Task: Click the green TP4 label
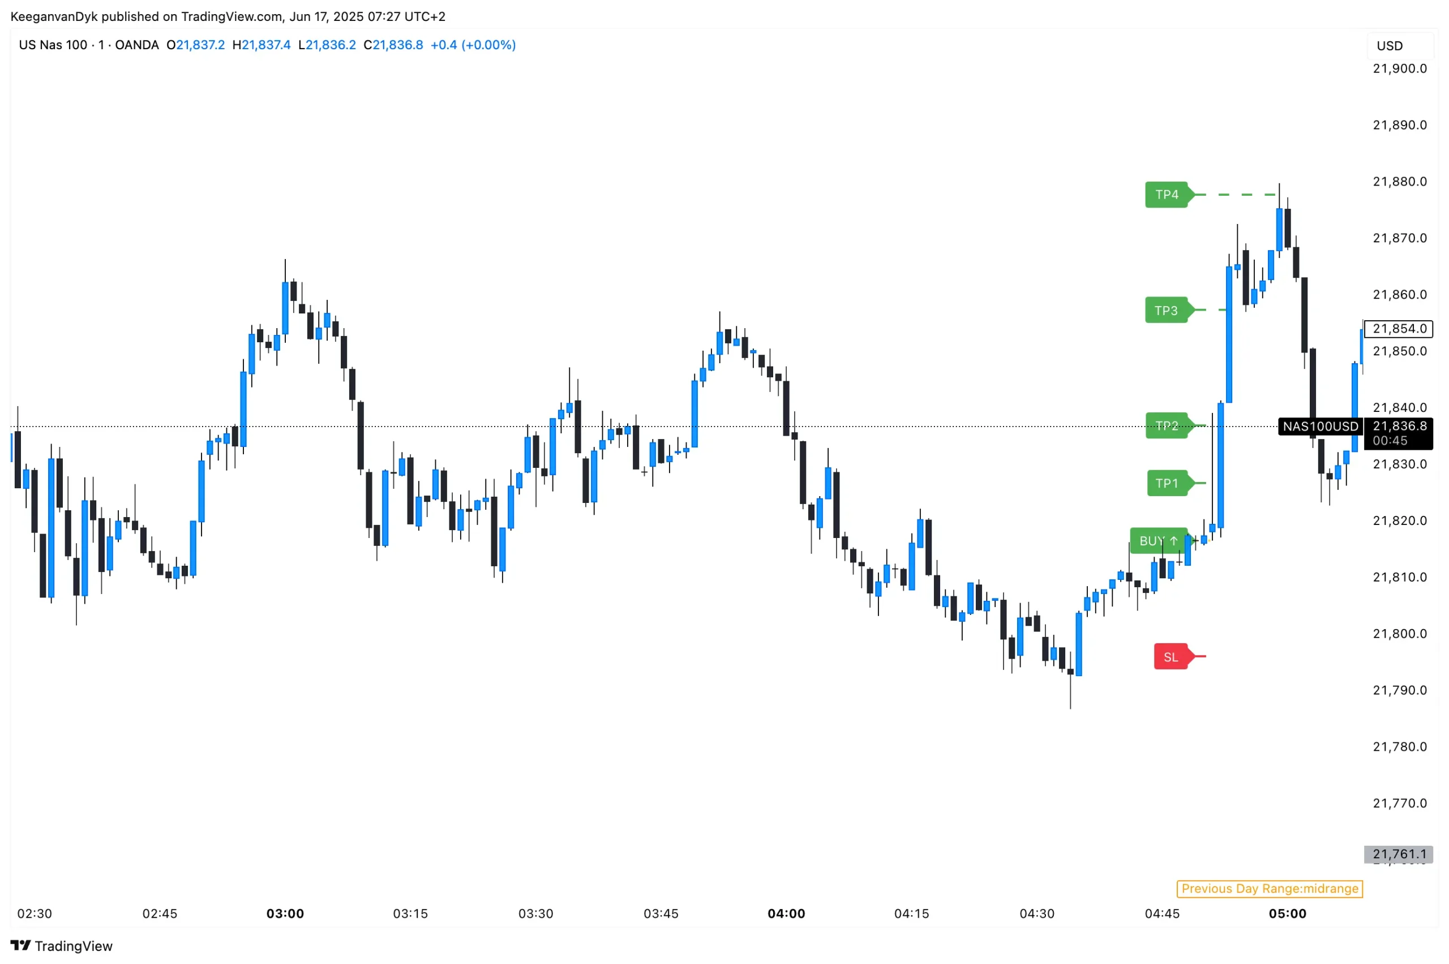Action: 1166,195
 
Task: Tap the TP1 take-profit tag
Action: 1167,483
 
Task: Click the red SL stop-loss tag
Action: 1171,657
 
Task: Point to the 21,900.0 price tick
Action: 1400,69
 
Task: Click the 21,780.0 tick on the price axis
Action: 1400,746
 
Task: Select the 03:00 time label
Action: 285,914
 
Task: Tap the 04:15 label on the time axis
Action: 911,914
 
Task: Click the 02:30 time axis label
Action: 35,914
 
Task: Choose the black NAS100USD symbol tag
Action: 1321,427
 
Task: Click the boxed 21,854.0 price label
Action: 1399,329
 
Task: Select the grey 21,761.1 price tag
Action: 1399,854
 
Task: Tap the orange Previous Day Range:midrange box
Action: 1270,888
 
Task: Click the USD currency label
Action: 1390,46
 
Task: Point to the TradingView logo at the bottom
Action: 62,945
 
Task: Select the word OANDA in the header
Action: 136,45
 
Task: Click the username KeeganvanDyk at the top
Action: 54,16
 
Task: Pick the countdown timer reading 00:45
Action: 1390,441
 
